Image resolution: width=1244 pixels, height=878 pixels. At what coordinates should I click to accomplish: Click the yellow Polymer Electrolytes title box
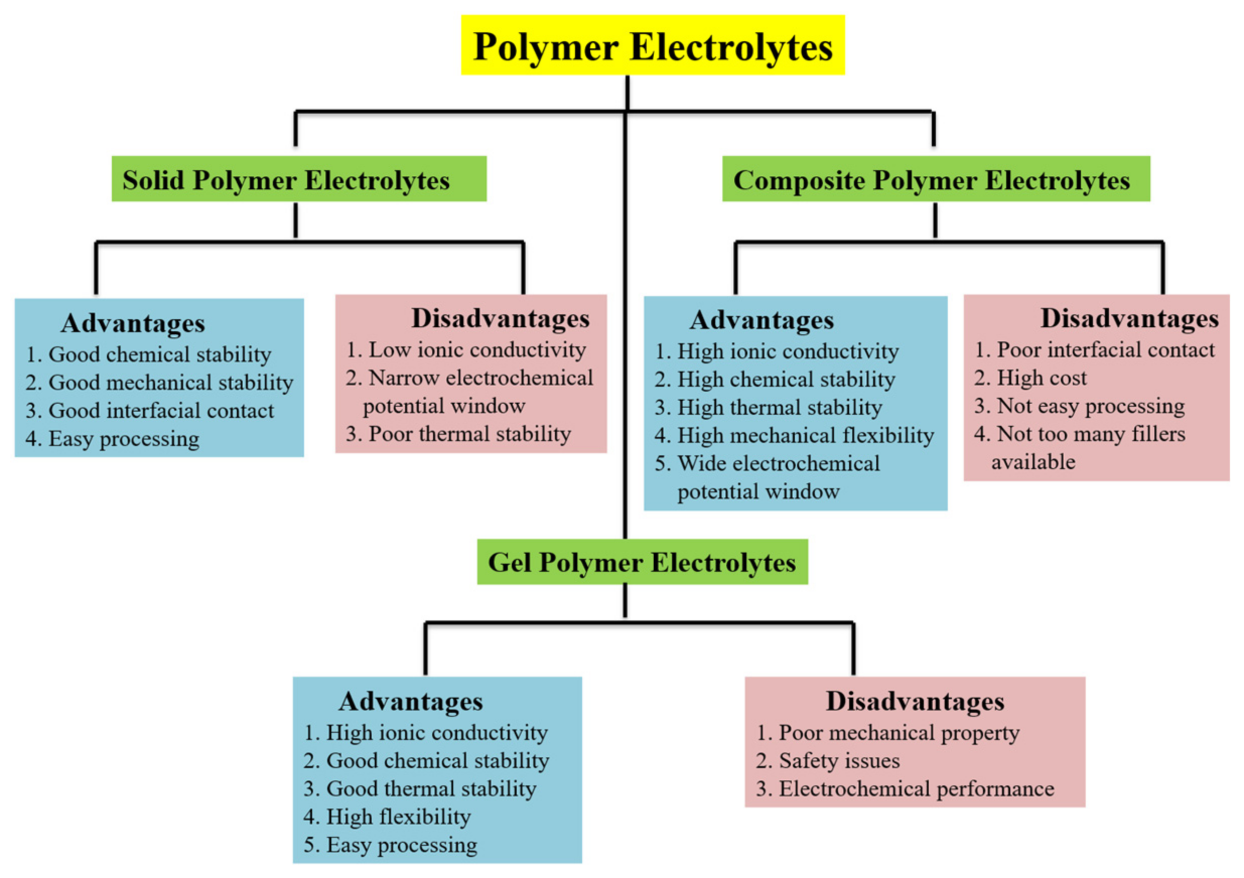pyautogui.click(x=652, y=45)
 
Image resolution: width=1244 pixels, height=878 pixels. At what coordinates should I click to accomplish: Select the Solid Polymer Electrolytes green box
pyautogui.click(x=299, y=179)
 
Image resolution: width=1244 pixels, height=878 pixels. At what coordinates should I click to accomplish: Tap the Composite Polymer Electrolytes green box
pyautogui.click(x=936, y=179)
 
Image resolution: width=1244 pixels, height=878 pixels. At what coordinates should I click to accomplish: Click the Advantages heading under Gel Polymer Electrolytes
pyautogui.click(x=410, y=701)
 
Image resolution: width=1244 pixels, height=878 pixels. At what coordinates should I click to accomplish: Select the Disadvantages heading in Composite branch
pyautogui.click(x=1129, y=319)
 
